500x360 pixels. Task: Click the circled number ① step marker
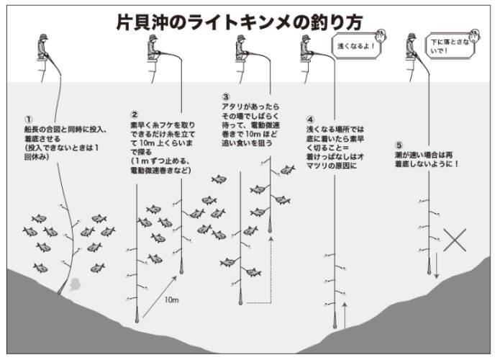29,120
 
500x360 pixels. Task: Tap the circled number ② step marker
135,114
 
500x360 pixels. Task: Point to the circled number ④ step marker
310,119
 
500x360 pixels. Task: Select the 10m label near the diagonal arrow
171,300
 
